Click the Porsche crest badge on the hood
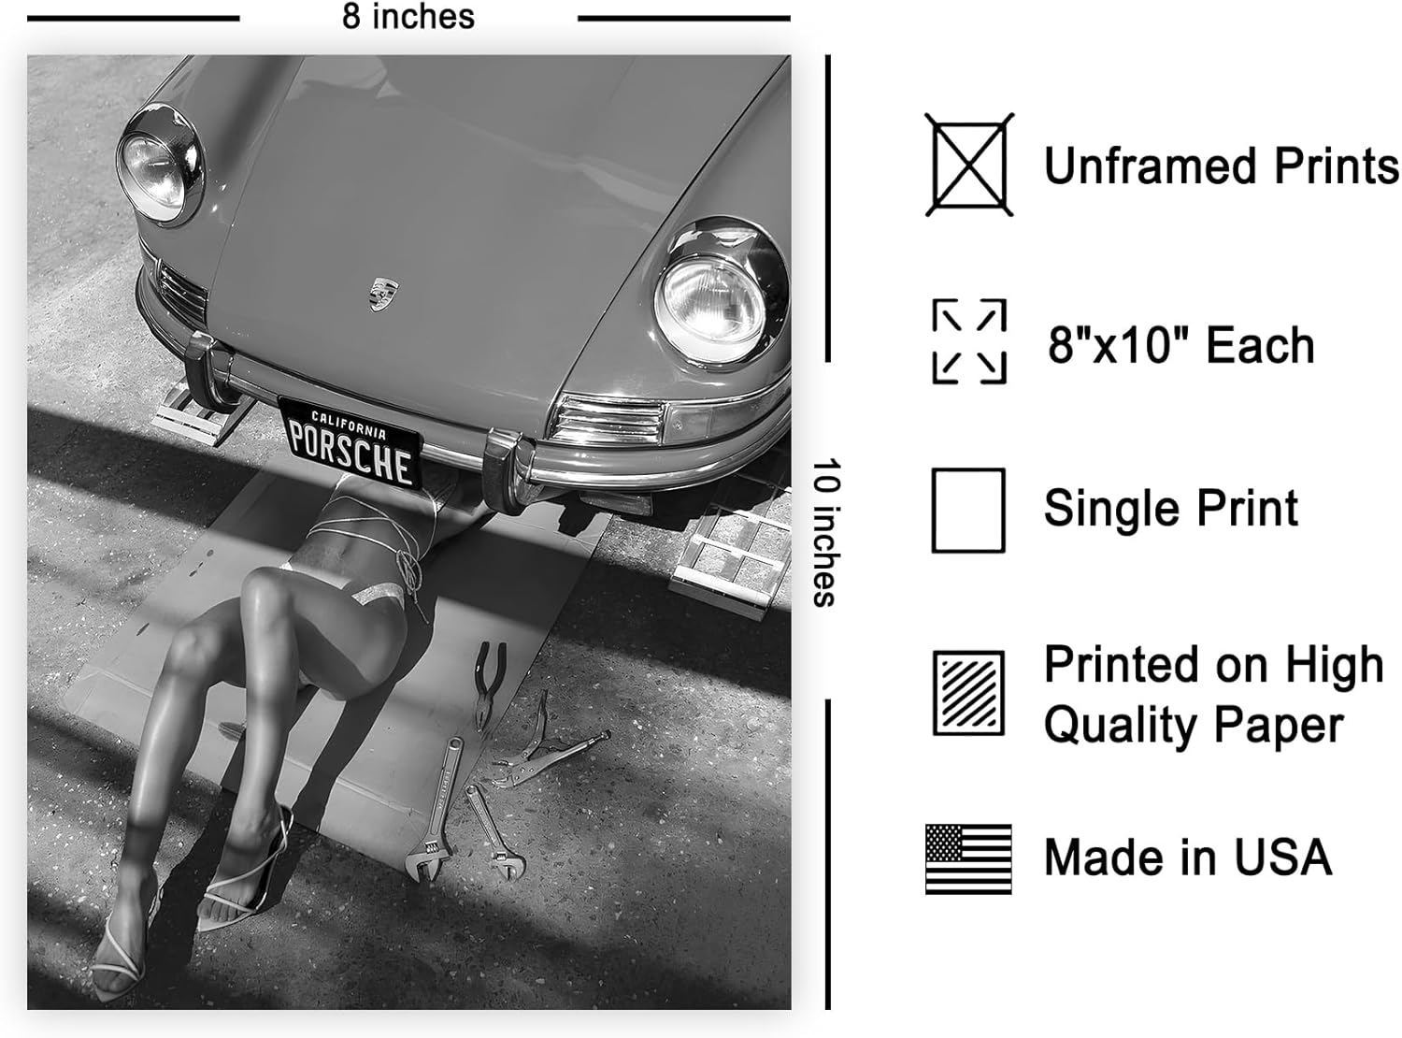tap(384, 295)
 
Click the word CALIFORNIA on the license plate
tap(349, 425)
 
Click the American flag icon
tap(968, 858)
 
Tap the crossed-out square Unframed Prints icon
tap(969, 165)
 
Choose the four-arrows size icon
tap(969, 341)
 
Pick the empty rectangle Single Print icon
tap(968, 511)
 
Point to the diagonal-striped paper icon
tap(968, 693)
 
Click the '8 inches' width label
tap(408, 17)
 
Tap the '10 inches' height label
tap(827, 532)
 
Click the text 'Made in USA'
tap(1188, 858)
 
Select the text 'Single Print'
tap(1170, 509)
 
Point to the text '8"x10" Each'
tap(1181, 345)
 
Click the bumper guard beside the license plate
tap(503, 472)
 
